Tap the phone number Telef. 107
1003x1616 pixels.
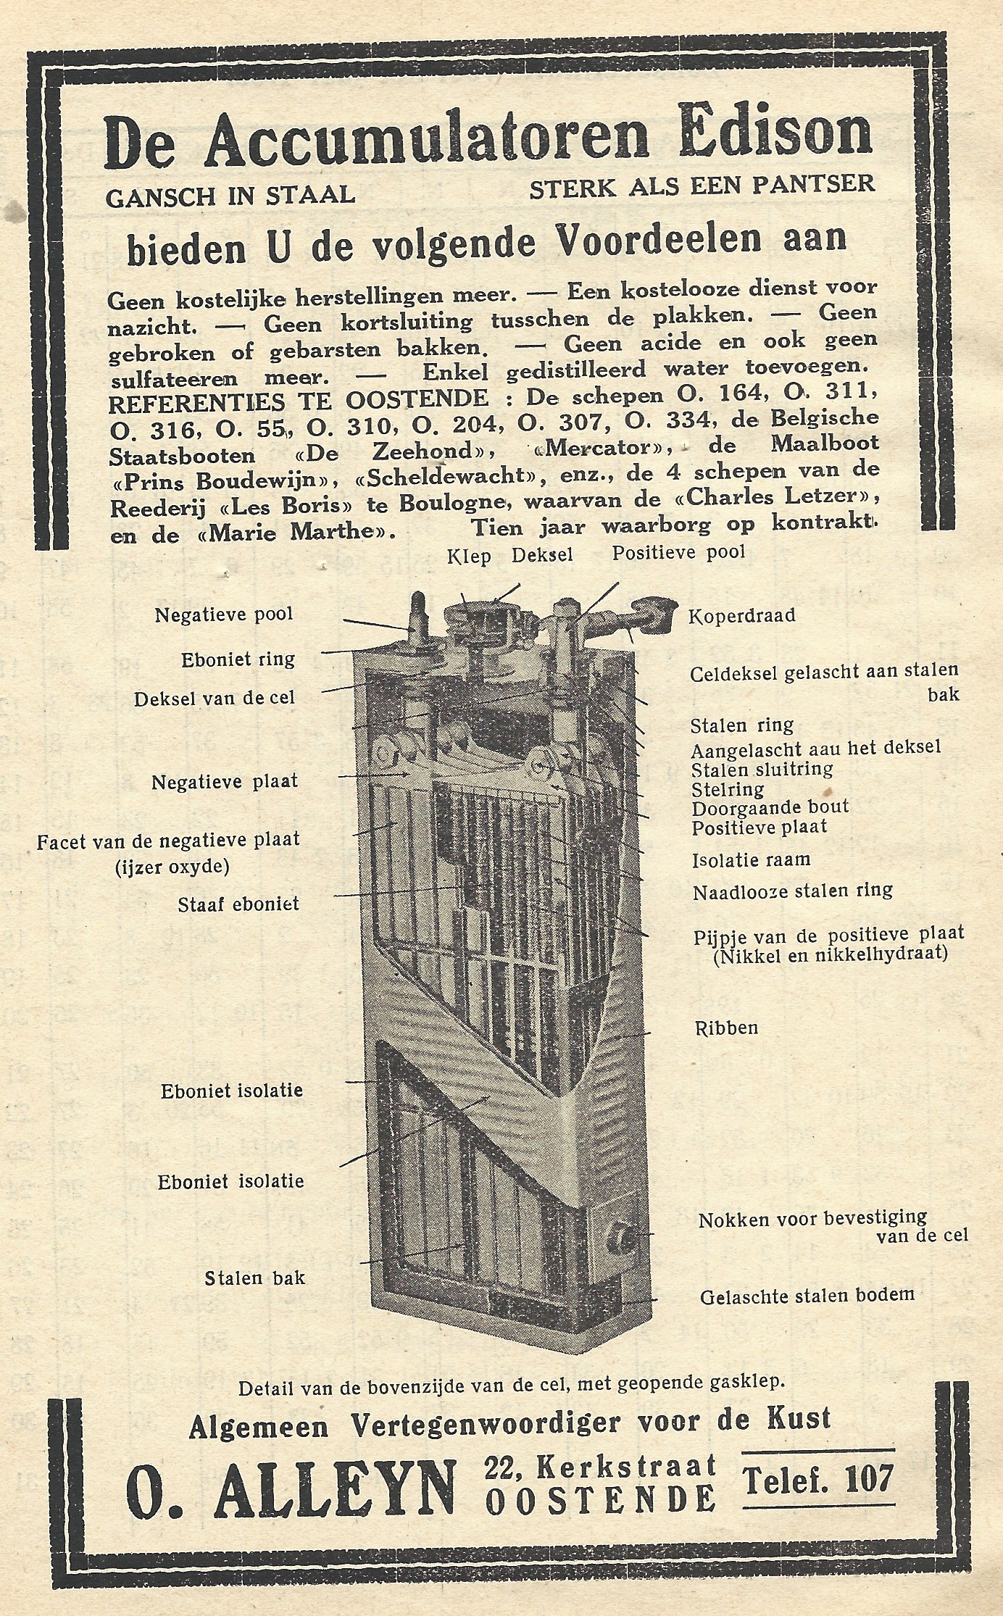point(817,1478)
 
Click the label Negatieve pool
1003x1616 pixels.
point(224,615)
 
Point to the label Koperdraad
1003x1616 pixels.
point(742,615)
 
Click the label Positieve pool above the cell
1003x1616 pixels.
point(678,553)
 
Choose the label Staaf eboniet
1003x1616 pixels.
point(240,904)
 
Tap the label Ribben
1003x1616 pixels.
point(726,1028)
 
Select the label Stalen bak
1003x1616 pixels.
point(254,1278)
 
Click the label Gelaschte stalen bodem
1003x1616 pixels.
point(807,1295)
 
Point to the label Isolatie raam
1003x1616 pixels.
point(751,860)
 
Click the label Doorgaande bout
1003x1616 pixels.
point(770,807)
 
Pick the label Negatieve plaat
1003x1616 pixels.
point(225,783)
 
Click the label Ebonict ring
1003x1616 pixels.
point(238,659)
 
